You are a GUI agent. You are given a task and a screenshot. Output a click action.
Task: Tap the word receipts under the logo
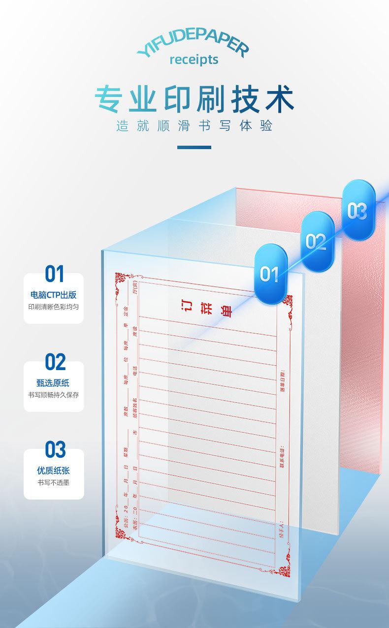pyautogui.click(x=194, y=60)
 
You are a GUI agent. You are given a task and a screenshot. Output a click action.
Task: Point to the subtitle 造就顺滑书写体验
pyautogui.click(x=194, y=126)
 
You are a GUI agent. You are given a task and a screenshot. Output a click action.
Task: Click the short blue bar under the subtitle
pyautogui.click(x=194, y=147)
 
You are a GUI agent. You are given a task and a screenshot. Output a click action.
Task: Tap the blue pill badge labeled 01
pyautogui.click(x=269, y=274)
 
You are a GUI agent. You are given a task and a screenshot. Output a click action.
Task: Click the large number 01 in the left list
pyautogui.click(x=55, y=274)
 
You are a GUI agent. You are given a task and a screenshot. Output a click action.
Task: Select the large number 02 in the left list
pyautogui.click(x=55, y=362)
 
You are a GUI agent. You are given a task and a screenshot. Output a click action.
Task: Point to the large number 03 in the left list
pyautogui.click(x=55, y=449)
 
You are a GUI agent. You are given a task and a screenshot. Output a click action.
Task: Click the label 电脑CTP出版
pyautogui.click(x=54, y=295)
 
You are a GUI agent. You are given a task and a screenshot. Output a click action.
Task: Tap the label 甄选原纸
pyautogui.click(x=54, y=383)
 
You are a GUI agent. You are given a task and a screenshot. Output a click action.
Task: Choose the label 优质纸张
pyautogui.click(x=54, y=471)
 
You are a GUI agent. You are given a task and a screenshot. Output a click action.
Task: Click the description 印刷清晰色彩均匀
pyautogui.click(x=54, y=307)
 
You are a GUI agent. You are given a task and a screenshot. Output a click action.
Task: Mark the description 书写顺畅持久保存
pyautogui.click(x=54, y=395)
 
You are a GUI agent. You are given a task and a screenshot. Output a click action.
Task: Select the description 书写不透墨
pyautogui.click(x=54, y=482)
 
